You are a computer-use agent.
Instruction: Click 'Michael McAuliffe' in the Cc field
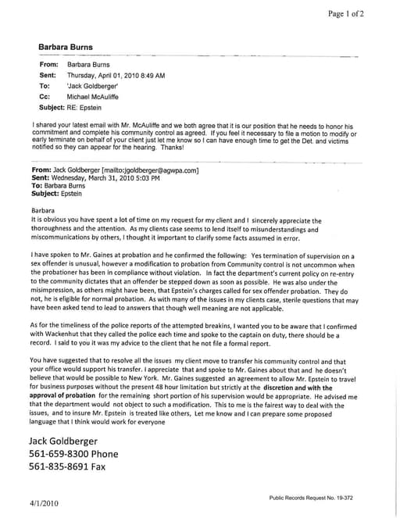[93, 96]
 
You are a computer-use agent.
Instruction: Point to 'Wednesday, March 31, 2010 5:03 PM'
[105, 178]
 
